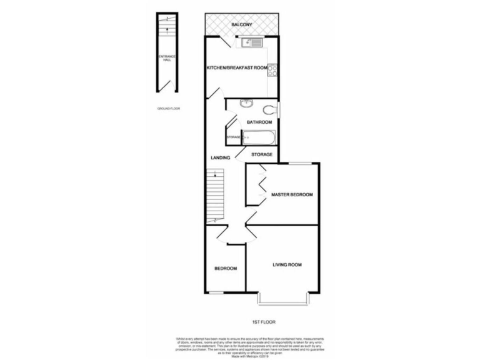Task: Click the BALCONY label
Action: click(241, 24)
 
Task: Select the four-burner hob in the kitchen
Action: click(274, 71)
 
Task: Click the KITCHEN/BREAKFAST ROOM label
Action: click(237, 67)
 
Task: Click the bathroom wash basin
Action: click(246, 104)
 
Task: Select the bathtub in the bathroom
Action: click(257, 137)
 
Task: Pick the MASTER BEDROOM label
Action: click(292, 195)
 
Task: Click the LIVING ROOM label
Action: click(287, 265)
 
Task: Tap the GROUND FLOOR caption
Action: click(168, 109)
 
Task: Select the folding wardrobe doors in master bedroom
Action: click(261, 184)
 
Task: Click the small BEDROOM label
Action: click(226, 269)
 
